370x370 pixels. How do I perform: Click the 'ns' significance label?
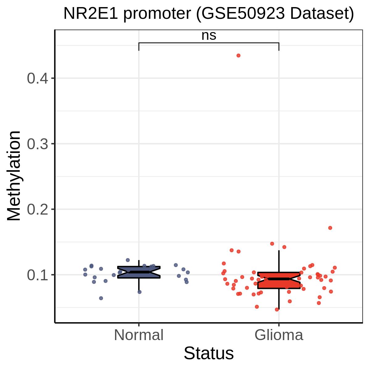pyautogui.click(x=209, y=35)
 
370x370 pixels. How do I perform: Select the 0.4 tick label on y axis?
pyautogui.click(x=37, y=78)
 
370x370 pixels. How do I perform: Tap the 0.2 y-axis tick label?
pyautogui.click(x=37, y=209)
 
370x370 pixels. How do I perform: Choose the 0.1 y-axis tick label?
pyautogui.click(x=37, y=275)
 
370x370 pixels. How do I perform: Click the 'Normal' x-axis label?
pyautogui.click(x=139, y=335)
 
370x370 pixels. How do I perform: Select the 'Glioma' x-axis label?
pyautogui.click(x=279, y=335)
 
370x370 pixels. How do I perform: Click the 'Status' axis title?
pyautogui.click(x=209, y=353)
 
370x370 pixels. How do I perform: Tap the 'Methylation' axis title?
pyautogui.click(x=14, y=176)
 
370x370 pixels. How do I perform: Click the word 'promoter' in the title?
pyautogui.click(x=157, y=14)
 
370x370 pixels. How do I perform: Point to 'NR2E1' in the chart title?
pyautogui.click(x=91, y=14)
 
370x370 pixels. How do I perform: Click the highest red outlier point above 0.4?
pyautogui.click(x=238, y=55)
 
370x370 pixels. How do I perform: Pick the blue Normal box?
pyautogui.click(x=139, y=272)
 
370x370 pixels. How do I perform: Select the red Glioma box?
pyautogui.click(x=279, y=280)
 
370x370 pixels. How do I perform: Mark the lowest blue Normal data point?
pyautogui.click(x=101, y=298)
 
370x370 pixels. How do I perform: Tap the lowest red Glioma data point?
pyautogui.click(x=277, y=310)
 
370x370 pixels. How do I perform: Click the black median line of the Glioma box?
pyautogui.click(x=279, y=279)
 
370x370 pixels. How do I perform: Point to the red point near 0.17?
pyautogui.click(x=330, y=228)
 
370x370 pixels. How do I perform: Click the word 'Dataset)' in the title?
pyautogui.click(x=322, y=14)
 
